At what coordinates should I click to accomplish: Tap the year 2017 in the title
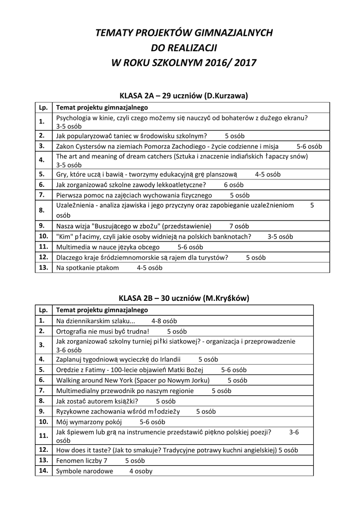(x=245, y=63)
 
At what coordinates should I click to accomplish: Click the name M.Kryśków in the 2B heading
(x=226, y=298)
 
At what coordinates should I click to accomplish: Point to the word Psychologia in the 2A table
(x=73, y=118)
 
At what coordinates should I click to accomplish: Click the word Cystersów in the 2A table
(x=96, y=146)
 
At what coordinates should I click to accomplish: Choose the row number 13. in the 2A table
(x=43, y=267)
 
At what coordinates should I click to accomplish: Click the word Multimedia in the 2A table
(x=73, y=247)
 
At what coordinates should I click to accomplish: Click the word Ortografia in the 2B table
(x=72, y=331)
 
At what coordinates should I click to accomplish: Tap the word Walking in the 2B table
(x=69, y=380)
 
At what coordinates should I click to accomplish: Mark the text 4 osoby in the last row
(x=141, y=471)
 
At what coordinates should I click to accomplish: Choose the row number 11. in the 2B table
(x=43, y=435)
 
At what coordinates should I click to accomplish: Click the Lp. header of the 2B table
(x=43, y=310)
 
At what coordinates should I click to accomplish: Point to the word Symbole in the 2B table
(x=70, y=471)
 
